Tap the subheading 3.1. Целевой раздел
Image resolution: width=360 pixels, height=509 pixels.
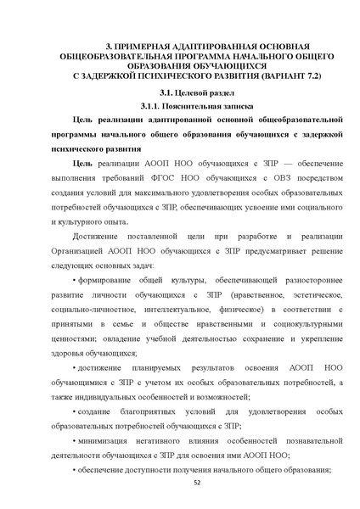point(180,94)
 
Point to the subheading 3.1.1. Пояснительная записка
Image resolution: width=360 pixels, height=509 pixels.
point(180,109)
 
